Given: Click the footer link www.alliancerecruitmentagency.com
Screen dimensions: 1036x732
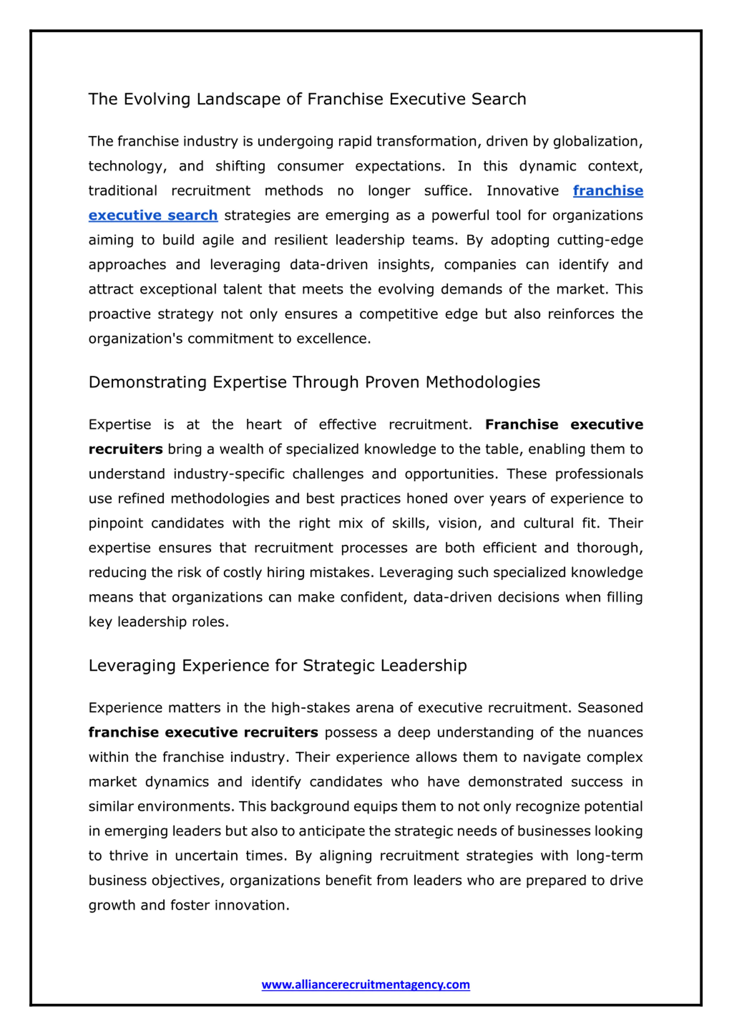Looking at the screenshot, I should (365, 984).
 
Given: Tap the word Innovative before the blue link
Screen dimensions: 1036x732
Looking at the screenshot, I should (522, 191).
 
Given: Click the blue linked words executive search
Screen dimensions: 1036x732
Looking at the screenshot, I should (153, 216).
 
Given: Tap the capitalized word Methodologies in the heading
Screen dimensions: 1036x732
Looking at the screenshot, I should (483, 383).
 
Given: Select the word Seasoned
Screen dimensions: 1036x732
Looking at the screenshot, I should (610, 708).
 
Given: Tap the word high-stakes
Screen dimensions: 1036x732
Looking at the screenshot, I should (310, 708).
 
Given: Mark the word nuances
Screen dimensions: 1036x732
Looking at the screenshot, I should (615, 732).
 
